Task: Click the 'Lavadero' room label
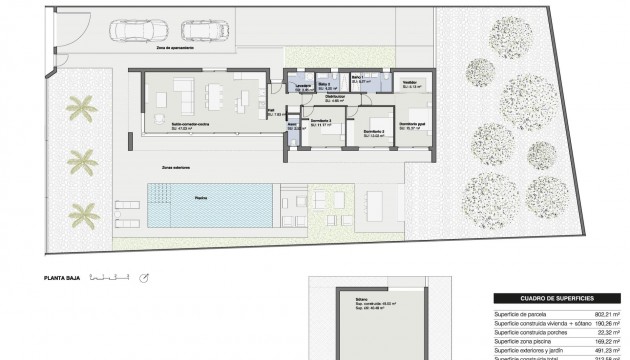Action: (301, 84)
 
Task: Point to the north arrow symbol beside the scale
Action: (145, 277)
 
